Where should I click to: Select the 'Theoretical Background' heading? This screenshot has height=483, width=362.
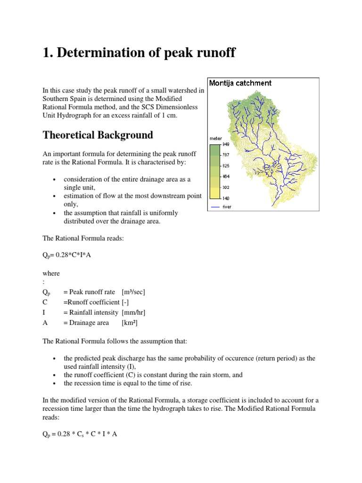pyautogui.click(x=98, y=135)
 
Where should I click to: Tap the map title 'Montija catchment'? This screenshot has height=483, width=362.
pyautogui.click(x=240, y=83)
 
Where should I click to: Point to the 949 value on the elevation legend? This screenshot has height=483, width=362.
pyautogui.click(x=226, y=144)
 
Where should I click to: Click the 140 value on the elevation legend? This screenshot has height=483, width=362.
pyautogui.click(x=226, y=198)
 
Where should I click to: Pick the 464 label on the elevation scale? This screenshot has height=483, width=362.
pyautogui.click(x=226, y=176)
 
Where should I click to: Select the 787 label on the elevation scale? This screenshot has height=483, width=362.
pyautogui.click(x=226, y=155)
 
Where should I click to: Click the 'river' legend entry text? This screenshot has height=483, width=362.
pyautogui.click(x=227, y=207)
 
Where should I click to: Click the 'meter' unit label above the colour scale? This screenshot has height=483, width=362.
pyautogui.click(x=215, y=139)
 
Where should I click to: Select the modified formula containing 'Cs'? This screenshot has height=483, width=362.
pyautogui.click(x=80, y=434)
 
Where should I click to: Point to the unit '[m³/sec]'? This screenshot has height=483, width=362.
pyautogui.click(x=133, y=292)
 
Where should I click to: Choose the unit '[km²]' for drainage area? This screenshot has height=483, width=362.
pyautogui.click(x=129, y=323)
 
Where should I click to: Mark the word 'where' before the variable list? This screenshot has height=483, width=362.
pyautogui.click(x=51, y=273)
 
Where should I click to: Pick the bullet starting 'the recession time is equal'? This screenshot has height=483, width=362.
pyautogui.click(x=128, y=383)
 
